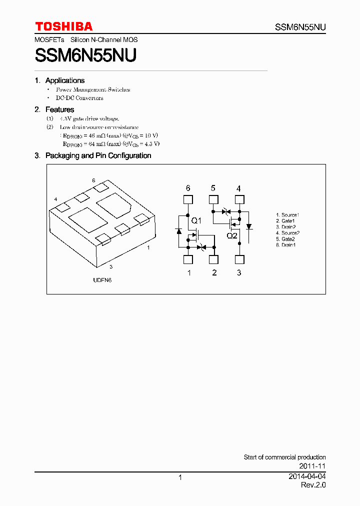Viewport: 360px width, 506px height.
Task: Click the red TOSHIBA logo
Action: (63, 26)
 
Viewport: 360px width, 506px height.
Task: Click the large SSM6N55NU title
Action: (85, 55)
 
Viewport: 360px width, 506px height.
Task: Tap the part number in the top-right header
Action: (300, 27)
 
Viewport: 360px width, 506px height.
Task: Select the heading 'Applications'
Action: (64, 80)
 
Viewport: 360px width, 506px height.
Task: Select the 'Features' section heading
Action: (59, 109)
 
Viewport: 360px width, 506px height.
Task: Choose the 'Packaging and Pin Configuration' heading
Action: (98, 155)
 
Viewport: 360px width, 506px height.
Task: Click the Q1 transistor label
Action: (196, 221)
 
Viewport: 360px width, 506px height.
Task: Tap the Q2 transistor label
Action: (232, 235)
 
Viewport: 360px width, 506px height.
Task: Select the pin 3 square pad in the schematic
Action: (239, 259)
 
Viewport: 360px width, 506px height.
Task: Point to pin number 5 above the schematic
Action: (213, 188)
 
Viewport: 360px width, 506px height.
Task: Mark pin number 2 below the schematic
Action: (214, 272)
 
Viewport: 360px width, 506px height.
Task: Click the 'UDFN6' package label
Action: (102, 280)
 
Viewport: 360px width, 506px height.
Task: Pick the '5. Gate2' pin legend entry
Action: (285, 239)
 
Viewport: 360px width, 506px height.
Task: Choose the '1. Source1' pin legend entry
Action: (287, 215)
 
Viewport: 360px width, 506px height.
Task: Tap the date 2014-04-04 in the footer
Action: (307, 477)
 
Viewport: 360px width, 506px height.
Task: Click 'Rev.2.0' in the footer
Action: (313, 485)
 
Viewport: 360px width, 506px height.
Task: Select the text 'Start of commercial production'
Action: (284, 457)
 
